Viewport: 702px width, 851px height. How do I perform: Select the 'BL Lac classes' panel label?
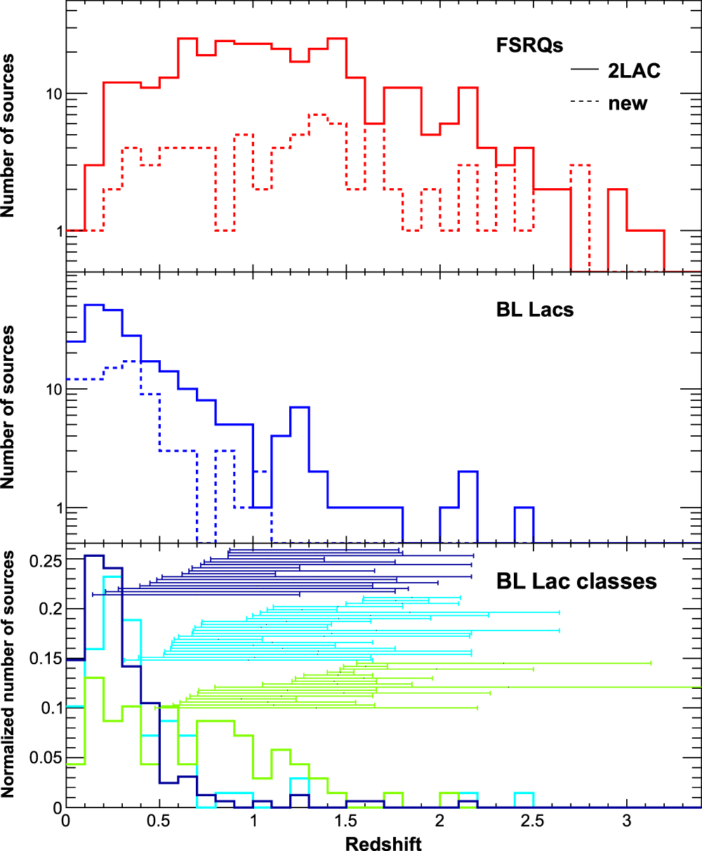[576, 581]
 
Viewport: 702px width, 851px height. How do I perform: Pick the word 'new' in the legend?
[628, 103]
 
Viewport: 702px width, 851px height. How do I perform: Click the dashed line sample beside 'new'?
[585, 103]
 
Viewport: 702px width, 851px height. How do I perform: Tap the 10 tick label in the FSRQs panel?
[51, 94]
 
